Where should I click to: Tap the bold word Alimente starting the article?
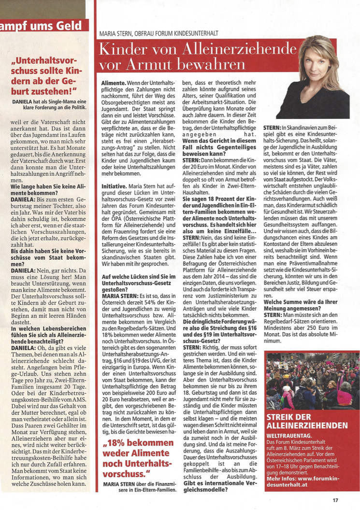point(114,84)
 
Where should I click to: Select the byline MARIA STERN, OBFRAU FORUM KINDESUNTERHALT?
point(158,33)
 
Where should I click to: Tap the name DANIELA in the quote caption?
point(22,101)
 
